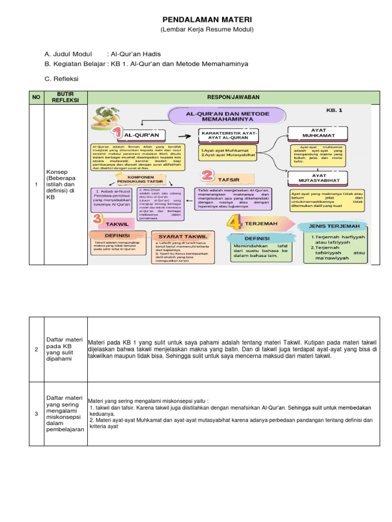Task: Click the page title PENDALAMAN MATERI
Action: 207,19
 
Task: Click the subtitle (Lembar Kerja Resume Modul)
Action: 207,30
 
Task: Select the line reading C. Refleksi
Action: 62,79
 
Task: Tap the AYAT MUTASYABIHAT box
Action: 318,177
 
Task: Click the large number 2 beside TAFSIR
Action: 207,176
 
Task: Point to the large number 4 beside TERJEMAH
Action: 234,223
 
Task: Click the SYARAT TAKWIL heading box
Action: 183,236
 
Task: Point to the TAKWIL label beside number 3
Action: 117,224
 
